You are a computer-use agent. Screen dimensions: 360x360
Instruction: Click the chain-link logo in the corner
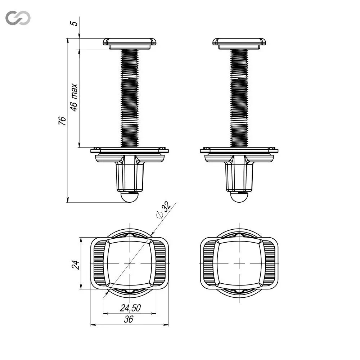click(18, 18)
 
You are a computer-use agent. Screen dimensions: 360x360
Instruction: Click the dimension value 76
click(62, 121)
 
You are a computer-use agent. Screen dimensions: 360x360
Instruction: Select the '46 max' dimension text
click(74, 98)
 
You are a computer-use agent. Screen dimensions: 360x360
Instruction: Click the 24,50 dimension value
click(130, 308)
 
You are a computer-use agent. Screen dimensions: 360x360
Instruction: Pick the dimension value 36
click(129, 319)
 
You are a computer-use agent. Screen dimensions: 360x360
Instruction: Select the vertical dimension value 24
click(76, 265)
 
